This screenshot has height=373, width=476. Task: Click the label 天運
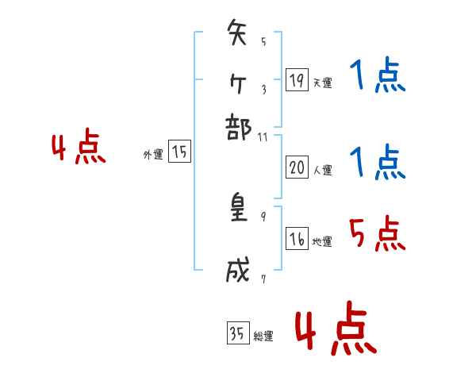(322, 83)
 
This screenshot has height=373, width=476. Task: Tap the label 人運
(322, 170)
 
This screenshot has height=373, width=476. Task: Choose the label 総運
(263, 336)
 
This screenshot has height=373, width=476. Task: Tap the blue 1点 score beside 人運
(377, 163)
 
